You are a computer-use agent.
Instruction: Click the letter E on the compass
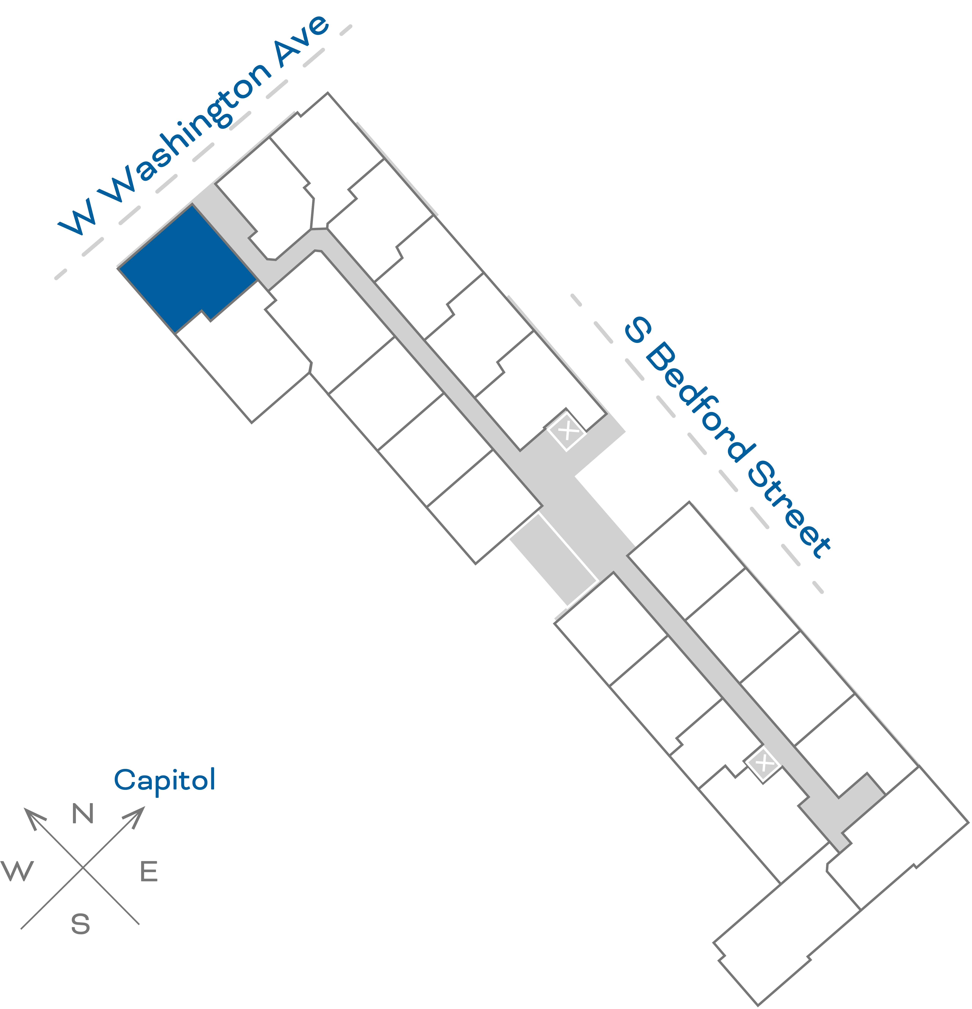tap(149, 872)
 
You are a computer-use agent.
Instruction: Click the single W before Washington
tap(77, 216)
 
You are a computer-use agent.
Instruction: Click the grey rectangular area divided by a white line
tap(553, 558)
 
